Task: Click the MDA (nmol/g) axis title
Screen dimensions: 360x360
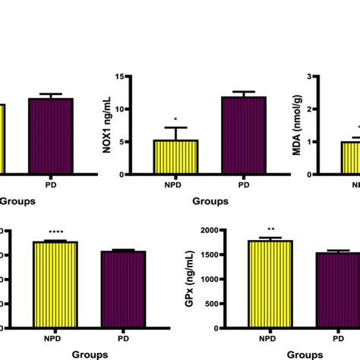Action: point(312,126)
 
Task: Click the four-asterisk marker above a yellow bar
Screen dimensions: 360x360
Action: point(55,232)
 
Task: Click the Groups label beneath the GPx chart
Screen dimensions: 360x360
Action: point(302,354)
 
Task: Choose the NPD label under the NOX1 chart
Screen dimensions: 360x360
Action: point(176,184)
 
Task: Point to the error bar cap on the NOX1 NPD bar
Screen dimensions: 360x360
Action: point(176,128)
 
